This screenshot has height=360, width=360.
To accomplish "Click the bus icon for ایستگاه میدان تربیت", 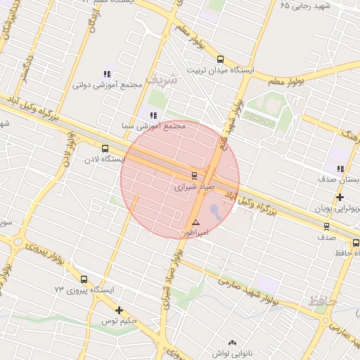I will [221, 60].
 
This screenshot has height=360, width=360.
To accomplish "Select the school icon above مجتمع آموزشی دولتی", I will [108, 74].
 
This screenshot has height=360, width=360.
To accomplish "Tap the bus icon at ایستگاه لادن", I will [105, 148].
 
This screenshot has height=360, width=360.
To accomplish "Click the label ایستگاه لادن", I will [103, 160].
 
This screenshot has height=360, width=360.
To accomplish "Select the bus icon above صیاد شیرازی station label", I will [194, 175].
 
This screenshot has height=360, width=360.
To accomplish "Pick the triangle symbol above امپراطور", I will [195, 221].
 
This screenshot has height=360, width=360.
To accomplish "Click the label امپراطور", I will [196, 232].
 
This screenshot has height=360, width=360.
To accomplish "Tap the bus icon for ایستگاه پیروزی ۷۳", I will [84, 278].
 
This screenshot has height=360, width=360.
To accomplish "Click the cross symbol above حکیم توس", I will [119, 310].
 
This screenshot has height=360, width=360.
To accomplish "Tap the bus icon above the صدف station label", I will [326, 226].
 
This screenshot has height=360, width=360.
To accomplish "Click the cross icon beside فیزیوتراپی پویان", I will [340, 198].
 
